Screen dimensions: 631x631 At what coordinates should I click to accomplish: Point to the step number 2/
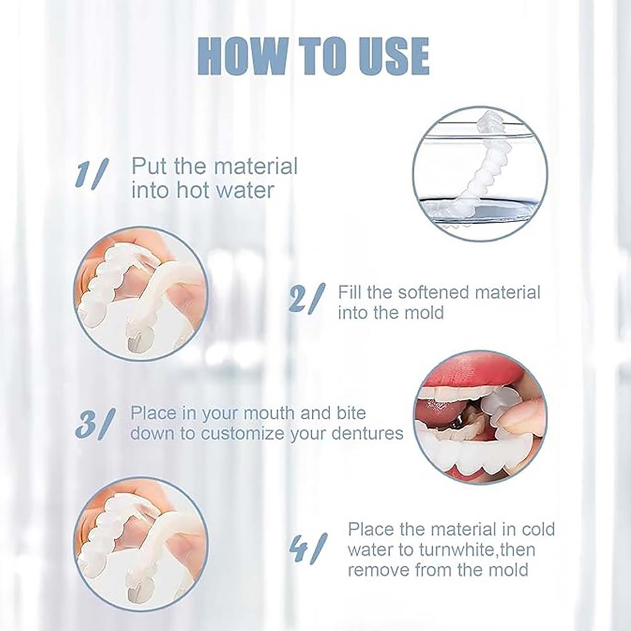click(x=307, y=299)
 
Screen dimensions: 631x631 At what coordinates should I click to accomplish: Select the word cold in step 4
click(x=538, y=529)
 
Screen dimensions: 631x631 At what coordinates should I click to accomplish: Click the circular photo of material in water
click(x=480, y=174)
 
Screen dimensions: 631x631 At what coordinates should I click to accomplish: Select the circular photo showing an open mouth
click(x=480, y=417)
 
